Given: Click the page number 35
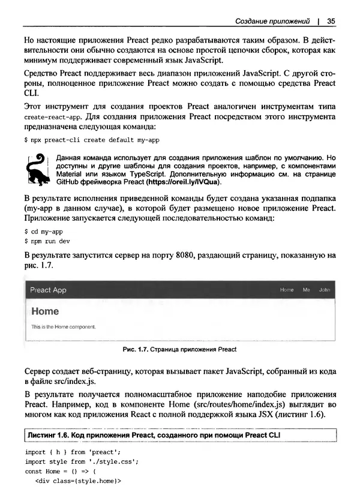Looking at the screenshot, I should [x=331, y=20].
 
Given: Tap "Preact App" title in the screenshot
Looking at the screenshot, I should [x=49, y=290].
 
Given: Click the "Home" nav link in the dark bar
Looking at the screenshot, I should [x=287, y=290].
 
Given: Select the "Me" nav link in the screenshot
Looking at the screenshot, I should [x=306, y=290].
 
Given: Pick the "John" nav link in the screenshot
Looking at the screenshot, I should [x=324, y=290].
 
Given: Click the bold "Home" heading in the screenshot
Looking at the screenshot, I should [x=45, y=311].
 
